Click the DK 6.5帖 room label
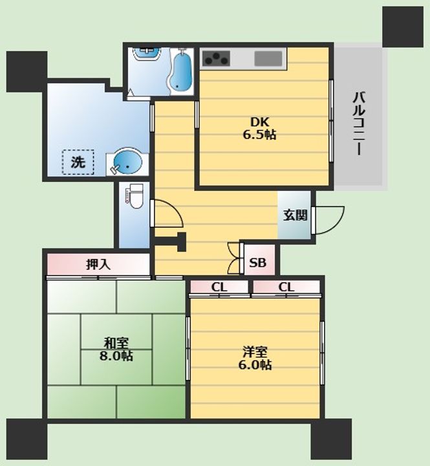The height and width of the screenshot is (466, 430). coord(259,128)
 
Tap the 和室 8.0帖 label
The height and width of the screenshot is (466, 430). coord(116,349)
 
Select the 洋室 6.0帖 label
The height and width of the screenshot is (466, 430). coord(255,358)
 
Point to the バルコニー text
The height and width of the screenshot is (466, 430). coord(359,124)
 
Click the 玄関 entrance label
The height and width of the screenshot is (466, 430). coord(295,215)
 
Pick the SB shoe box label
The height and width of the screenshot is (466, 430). coord(257,263)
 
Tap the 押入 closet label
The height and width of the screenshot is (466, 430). coord(98,264)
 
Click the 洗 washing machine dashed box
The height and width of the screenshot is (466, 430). coord(78,162)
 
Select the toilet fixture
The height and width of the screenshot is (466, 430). coord(134,196)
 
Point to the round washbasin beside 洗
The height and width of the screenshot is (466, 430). coord(127,162)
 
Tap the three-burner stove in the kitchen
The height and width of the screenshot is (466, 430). coord(216,58)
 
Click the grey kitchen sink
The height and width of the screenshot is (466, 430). coord(268,58)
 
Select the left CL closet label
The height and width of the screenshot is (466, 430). coord(219,287)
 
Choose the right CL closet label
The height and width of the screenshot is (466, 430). coord(286,287)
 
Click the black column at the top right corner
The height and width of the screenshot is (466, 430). coord(403,27)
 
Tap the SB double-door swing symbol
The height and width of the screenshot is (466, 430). coord(233,258)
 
